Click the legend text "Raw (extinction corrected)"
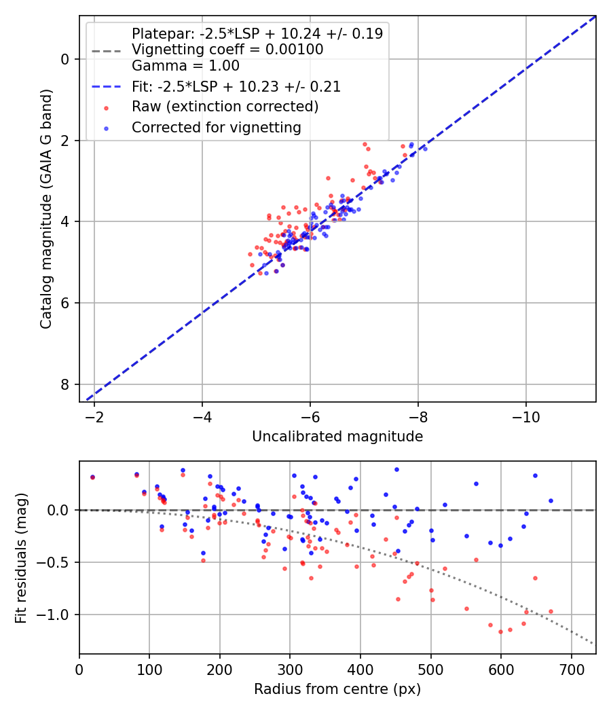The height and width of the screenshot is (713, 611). pyautogui.click(x=225, y=107)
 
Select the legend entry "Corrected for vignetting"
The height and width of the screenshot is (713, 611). pyautogui.click(x=216, y=127)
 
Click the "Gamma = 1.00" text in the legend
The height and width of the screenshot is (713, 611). pyautogui.click(x=185, y=66)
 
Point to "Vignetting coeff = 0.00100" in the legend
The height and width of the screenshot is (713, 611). pyautogui.click(x=227, y=50)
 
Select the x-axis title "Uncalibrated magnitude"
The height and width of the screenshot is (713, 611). pyautogui.click(x=337, y=437)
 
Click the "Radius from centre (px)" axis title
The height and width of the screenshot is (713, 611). pyautogui.click(x=337, y=689)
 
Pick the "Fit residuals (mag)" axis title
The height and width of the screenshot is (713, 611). pyautogui.click(x=21, y=557)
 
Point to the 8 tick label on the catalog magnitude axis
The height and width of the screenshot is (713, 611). pyautogui.click(x=65, y=384)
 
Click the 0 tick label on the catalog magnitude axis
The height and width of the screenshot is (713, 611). pyautogui.click(x=65, y=59)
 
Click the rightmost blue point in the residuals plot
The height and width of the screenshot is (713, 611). pyautogui.click(x=551, y=500)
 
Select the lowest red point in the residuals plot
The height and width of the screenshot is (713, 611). pyautogui.click(x=500, y=632)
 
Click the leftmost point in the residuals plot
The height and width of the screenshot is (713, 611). pyautogui.click(x=92, y=477)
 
